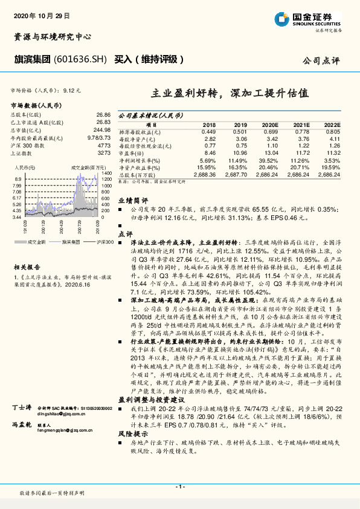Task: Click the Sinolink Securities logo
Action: (311, 19)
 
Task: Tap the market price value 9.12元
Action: (72, 90)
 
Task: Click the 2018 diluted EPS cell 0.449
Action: (208, 131)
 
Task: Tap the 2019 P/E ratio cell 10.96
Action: (240, 154)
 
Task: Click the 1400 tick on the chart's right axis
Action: (106, 173)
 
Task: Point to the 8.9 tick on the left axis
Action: (18, 180)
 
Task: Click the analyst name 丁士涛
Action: (22, 426)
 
